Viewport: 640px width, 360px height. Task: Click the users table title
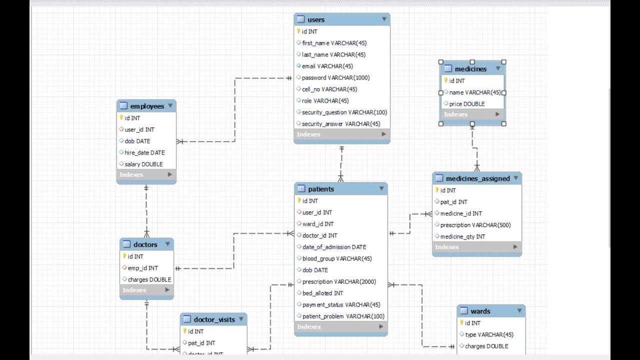316,20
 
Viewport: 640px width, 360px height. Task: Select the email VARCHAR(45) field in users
327,66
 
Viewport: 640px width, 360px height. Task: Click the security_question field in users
344,112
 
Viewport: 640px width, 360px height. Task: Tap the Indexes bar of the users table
341,134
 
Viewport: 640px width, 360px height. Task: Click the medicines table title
470,69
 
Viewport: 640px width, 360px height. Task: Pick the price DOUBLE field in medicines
467,104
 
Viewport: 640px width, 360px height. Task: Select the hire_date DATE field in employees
144,152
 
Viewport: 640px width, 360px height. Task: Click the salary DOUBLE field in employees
143,164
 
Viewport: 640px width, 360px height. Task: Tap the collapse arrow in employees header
170,106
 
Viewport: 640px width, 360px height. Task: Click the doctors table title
145,244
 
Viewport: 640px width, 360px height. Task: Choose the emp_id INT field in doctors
142,268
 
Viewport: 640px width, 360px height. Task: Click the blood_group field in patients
337,258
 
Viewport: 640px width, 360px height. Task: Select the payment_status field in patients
341,304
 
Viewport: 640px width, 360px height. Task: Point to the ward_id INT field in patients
318,224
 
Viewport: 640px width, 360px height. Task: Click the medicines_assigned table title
477,178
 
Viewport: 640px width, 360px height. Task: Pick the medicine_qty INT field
462,236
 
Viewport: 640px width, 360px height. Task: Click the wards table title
480,311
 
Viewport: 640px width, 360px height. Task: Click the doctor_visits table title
214,319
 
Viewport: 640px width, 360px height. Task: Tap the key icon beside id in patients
299,200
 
